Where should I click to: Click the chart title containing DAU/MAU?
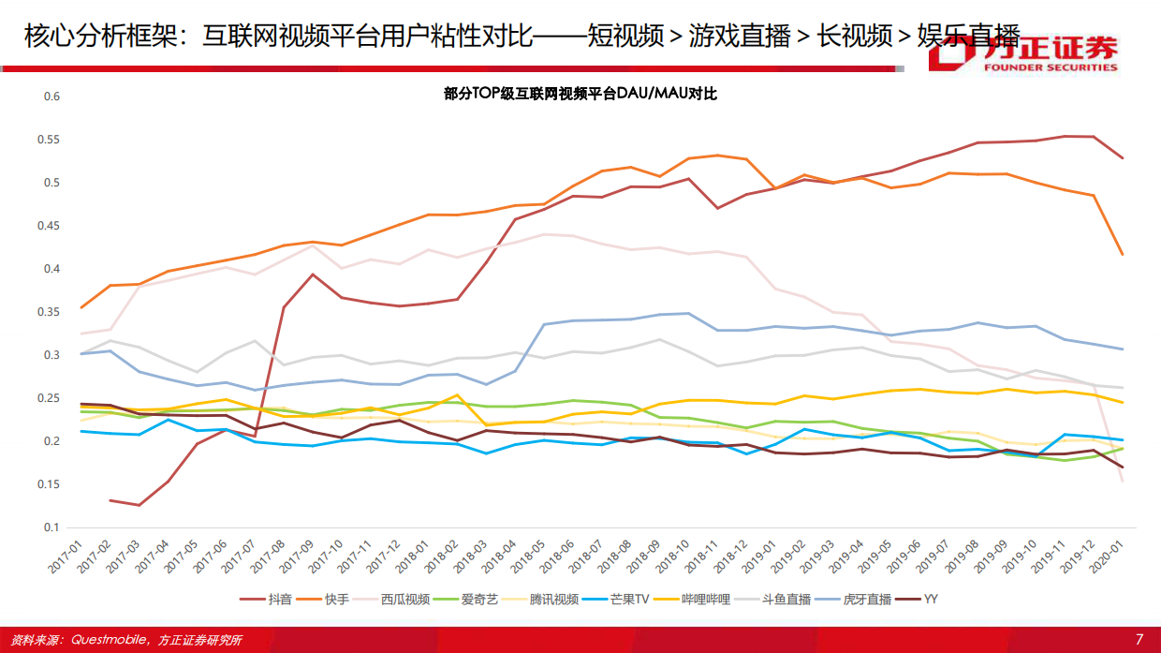[580, 94]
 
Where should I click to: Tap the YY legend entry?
[931, 599]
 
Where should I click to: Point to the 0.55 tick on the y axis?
[51, 140]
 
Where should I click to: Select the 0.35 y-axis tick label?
[51, 312]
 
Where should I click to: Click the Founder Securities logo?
[1022, 54]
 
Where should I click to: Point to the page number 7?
[1139, 639]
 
